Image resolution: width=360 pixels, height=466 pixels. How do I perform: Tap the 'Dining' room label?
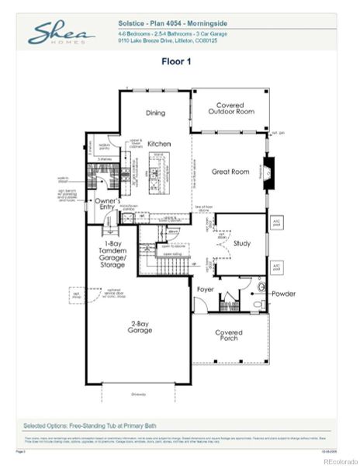[x=155, y=113]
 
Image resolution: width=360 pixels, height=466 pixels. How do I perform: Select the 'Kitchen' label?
[x=159, y=144]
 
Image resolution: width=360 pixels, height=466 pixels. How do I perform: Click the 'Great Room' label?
[x=230, y=172]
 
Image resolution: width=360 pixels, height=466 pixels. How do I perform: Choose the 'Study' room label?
[x=241, y=244]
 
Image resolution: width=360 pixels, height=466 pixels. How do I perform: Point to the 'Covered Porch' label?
[x=228, y=336]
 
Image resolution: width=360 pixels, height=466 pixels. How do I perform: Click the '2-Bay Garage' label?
[x=141, y=329]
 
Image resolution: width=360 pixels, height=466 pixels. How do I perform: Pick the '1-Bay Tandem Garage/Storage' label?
[x=112, y=254]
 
